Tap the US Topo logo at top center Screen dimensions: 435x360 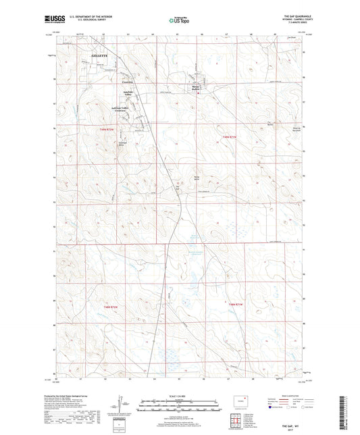pos(180,21)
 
